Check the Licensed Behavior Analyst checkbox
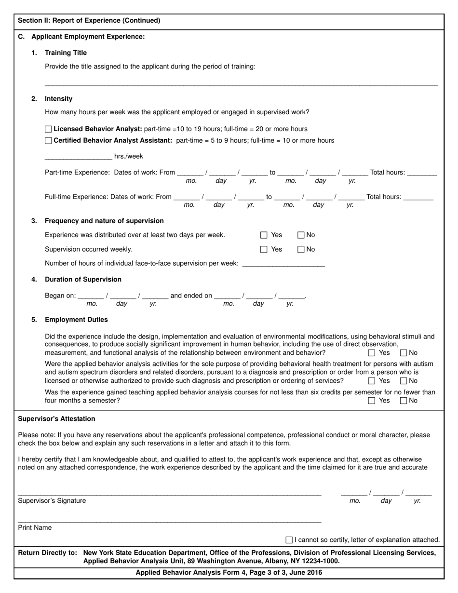(48, 129)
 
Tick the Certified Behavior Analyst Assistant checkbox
(48, 141)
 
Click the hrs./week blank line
(78, 157)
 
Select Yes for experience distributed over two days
(264, 235)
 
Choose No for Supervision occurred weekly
(301, 250)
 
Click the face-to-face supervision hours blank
(283, 263)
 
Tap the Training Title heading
(66, 53)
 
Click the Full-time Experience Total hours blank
(418, 197)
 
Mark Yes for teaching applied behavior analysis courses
(372, 401)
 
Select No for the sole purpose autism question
(404, 381)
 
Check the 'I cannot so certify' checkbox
(289, 540)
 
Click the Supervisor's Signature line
(169, 493)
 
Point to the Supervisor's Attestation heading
(56, 418)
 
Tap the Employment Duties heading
(76, 320)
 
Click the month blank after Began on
(91, 296)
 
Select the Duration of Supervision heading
(83, 280)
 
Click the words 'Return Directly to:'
(47, 553)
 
